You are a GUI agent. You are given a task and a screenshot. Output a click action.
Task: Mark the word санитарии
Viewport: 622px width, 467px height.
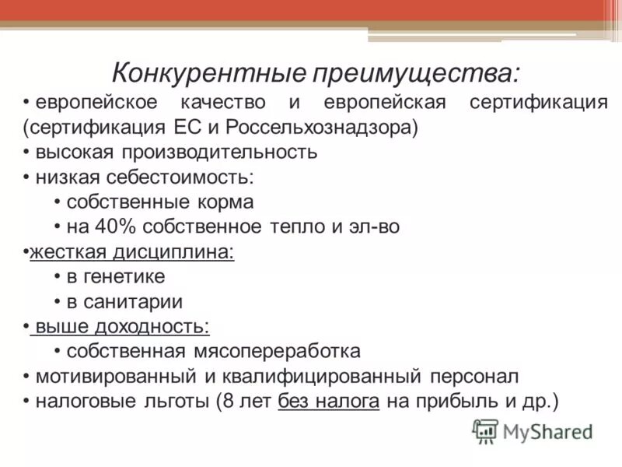click(132, 301)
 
